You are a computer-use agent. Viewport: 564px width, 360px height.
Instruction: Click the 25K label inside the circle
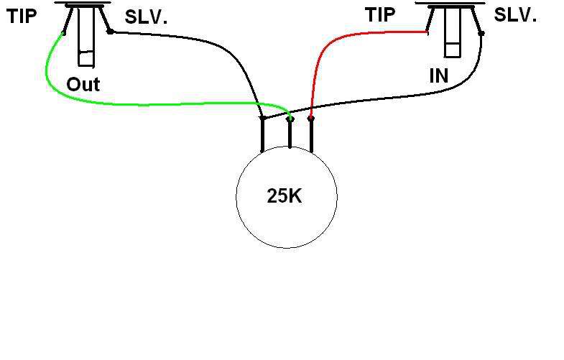click(x=285, y=196)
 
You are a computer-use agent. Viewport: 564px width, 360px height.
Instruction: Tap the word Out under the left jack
click(x=83, y=85)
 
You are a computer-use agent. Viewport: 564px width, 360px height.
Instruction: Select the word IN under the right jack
click(x=438, y=75)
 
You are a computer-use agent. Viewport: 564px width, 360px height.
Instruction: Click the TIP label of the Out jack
click(x=22, y=17)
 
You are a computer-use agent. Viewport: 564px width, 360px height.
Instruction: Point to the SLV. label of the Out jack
click(x=146, y=18)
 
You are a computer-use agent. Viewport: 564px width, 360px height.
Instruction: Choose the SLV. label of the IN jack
click(x=514, y=15)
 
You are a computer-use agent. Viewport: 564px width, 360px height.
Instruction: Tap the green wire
click(x=144, y=105)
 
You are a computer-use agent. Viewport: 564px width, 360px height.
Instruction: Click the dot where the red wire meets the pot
click(x=310, y=117)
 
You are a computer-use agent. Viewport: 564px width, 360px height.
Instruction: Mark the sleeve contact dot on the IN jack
click(x=479, y=32)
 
